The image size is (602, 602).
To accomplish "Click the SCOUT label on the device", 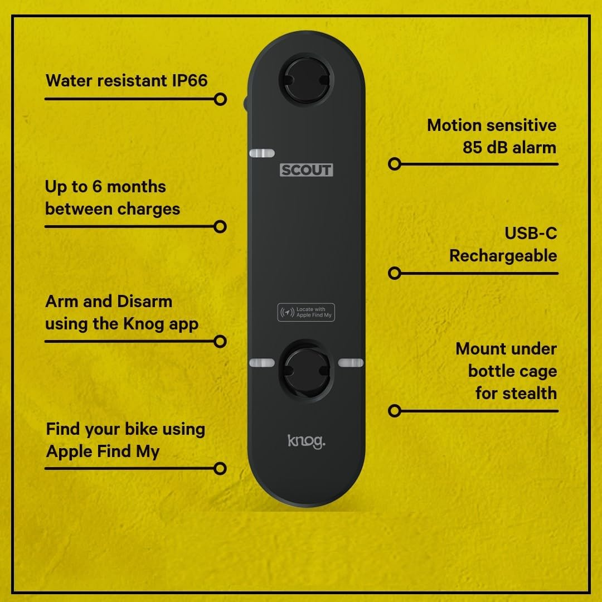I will [306, 170].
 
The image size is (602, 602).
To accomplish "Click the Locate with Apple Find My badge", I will [306, 312].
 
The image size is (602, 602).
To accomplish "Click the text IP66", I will [188, 80].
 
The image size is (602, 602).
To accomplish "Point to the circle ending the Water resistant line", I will [220, 99].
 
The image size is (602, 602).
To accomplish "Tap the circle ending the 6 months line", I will [220, 226].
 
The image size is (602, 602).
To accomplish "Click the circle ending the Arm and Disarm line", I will [220, 341].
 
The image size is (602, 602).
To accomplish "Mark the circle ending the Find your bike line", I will [220, 468].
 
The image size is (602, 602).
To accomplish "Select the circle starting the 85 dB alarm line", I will [395, 164].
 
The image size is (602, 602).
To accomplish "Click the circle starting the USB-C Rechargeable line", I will [395, 273].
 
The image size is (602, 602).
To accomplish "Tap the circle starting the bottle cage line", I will [395, 411].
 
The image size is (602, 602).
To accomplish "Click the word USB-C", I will [530, 233].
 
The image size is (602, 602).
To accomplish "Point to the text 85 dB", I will [483, 148].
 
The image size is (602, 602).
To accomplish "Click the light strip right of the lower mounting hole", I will [351, 363].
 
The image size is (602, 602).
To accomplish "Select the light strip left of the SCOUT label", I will [261, 153].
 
